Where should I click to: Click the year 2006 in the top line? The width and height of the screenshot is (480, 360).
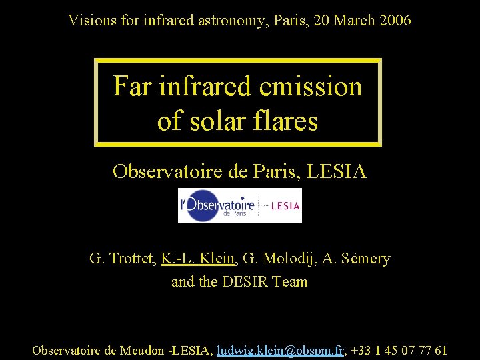395,21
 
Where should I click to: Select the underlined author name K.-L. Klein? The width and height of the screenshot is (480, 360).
198,258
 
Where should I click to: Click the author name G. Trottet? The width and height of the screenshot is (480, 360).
122,258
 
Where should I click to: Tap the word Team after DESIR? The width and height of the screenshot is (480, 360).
290,281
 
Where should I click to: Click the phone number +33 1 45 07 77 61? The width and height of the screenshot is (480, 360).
399,350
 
